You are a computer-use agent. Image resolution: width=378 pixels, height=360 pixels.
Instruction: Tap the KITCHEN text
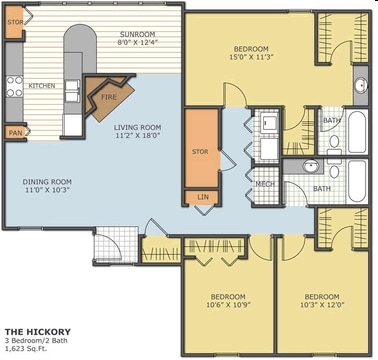[x=41, y=86]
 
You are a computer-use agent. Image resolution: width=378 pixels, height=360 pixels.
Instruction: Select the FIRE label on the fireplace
[x=110, y=97]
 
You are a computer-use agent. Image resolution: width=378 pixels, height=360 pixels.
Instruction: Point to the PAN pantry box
[x=15, y=131]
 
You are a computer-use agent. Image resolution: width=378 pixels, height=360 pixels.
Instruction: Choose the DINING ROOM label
[x=47, y=181]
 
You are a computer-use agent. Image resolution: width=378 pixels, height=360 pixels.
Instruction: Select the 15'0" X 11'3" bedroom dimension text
[x=249, y=57]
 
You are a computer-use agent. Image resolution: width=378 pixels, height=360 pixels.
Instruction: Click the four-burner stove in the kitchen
[x=12, y=86]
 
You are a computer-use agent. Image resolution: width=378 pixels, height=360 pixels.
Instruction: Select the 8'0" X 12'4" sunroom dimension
[x=137, y=42]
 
